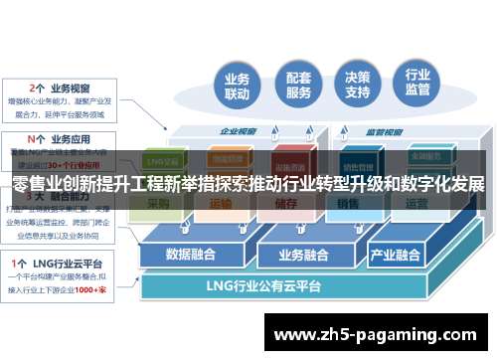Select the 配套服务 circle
(297, 85)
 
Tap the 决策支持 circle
(358, 84)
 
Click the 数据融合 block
(191, 253)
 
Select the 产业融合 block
(396, 253)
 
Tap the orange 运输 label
(221, 205)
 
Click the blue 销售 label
(347, 205)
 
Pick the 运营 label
(416, 205)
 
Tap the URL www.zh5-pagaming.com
(373, 333)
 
